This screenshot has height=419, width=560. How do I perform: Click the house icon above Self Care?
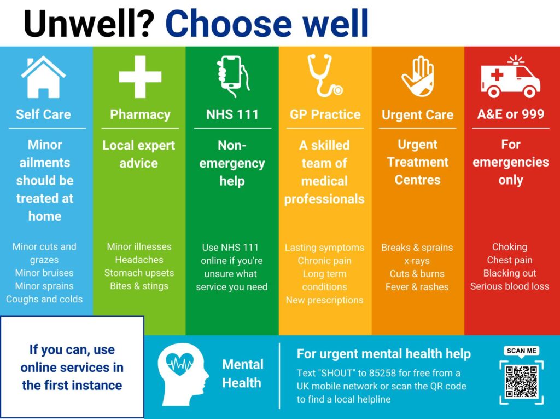click(43, 77)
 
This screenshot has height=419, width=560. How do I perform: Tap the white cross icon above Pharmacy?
click(140, 77)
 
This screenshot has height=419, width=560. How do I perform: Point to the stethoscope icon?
click(325, 76)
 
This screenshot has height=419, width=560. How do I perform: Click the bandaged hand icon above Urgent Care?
click(417, 76)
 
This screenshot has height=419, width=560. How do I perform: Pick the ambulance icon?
click(510, 77)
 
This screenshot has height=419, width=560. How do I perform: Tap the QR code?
click(521, 382)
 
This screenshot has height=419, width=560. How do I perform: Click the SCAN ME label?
click(521, 351)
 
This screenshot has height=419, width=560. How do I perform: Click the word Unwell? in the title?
click(89, 23)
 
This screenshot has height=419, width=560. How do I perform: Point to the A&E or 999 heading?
click(511, 114)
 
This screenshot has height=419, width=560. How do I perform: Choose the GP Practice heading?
click(325, 114)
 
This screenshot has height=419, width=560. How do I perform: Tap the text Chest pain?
click(510, 260)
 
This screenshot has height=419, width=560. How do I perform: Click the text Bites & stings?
click(139, 286)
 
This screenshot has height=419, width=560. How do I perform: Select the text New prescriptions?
click(325, 300)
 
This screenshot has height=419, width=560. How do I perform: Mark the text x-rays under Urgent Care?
click(417, 261)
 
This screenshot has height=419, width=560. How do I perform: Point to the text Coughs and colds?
click(44, 299)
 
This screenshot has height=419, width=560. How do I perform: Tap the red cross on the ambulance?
click(497, 75)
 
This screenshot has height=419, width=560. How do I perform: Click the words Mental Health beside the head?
click(242, 374)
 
